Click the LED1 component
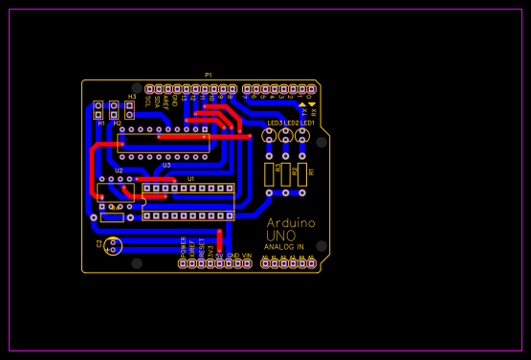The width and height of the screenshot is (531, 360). click(x=302, y=136)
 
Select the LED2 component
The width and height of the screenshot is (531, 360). click(x=285, y=136)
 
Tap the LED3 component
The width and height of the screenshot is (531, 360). click(x=269, y=136)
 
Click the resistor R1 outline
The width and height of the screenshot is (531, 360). click(x=302, y=173)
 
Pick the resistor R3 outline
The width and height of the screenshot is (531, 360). click(x=269, y=173)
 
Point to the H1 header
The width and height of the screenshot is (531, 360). click(x=98, y=110)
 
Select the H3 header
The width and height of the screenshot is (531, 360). click(x=129, y=108)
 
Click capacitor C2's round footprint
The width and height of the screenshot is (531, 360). click(x=114, y=245)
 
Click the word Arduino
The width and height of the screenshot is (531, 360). click(x=291, y=222)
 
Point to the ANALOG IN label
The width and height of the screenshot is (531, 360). click(x=283, y=247)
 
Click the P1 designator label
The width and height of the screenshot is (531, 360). click(x=209, y=75)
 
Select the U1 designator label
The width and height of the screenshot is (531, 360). click(x=190, y=179)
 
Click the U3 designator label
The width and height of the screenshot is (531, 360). click(x=166, y=165)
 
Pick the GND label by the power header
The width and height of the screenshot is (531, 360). click(x=232, y=256)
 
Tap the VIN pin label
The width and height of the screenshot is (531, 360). click(x=246, y=256)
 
